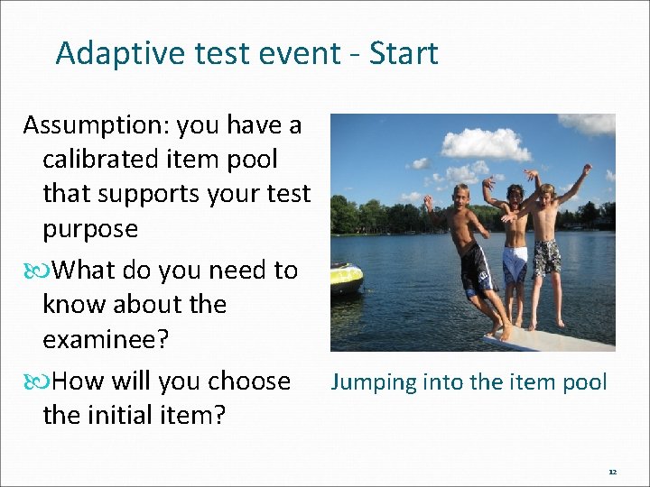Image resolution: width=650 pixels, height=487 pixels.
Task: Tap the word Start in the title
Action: (404, 53)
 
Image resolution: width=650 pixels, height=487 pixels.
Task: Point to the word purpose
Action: (90, 229)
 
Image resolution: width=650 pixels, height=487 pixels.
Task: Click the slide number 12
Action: (612, 472)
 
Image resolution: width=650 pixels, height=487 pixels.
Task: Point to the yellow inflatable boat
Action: (346, 278)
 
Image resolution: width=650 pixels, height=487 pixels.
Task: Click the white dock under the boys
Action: (551, 339)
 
